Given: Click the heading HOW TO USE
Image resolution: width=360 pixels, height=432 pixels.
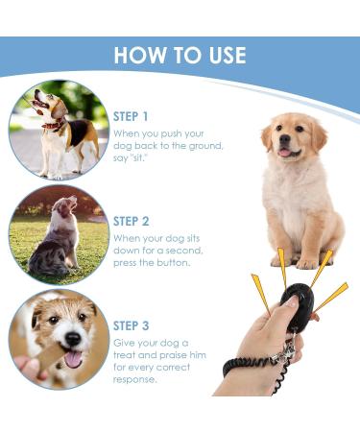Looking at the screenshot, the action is [180, 55].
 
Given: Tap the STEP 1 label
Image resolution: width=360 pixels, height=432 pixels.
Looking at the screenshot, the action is [131, 116].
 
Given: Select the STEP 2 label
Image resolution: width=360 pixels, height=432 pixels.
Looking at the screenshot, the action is [132, 221].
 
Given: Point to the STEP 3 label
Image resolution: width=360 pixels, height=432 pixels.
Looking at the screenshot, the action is [132, 325].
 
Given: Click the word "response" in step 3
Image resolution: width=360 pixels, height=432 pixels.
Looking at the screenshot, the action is [134, 380].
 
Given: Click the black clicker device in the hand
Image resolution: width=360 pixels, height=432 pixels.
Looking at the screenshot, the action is [296, 305].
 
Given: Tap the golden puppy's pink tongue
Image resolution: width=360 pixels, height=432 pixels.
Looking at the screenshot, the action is [284, 153].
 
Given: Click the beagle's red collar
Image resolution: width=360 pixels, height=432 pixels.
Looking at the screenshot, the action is [54, 124].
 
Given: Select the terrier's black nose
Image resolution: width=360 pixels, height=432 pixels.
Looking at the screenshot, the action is [73, 339].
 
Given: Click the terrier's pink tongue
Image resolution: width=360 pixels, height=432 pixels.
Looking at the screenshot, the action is [74, 359].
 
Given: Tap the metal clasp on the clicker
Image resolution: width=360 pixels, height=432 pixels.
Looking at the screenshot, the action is [286, 351].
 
